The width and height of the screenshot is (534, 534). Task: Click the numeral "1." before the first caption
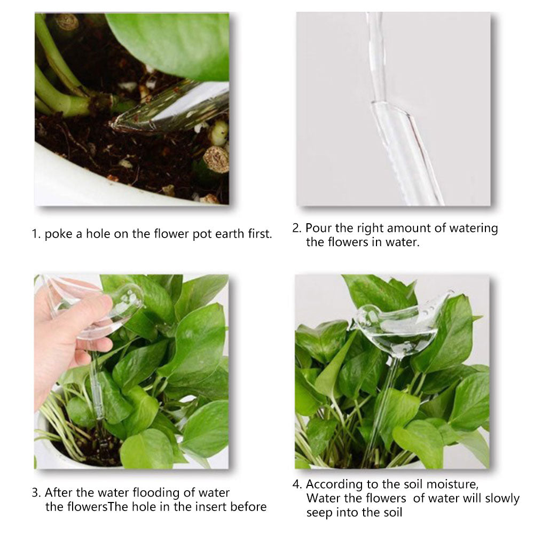coord(36,234)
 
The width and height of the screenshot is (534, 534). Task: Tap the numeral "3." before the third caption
coord(36,493)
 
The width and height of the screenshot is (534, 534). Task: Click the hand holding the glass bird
coord(68,337)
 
